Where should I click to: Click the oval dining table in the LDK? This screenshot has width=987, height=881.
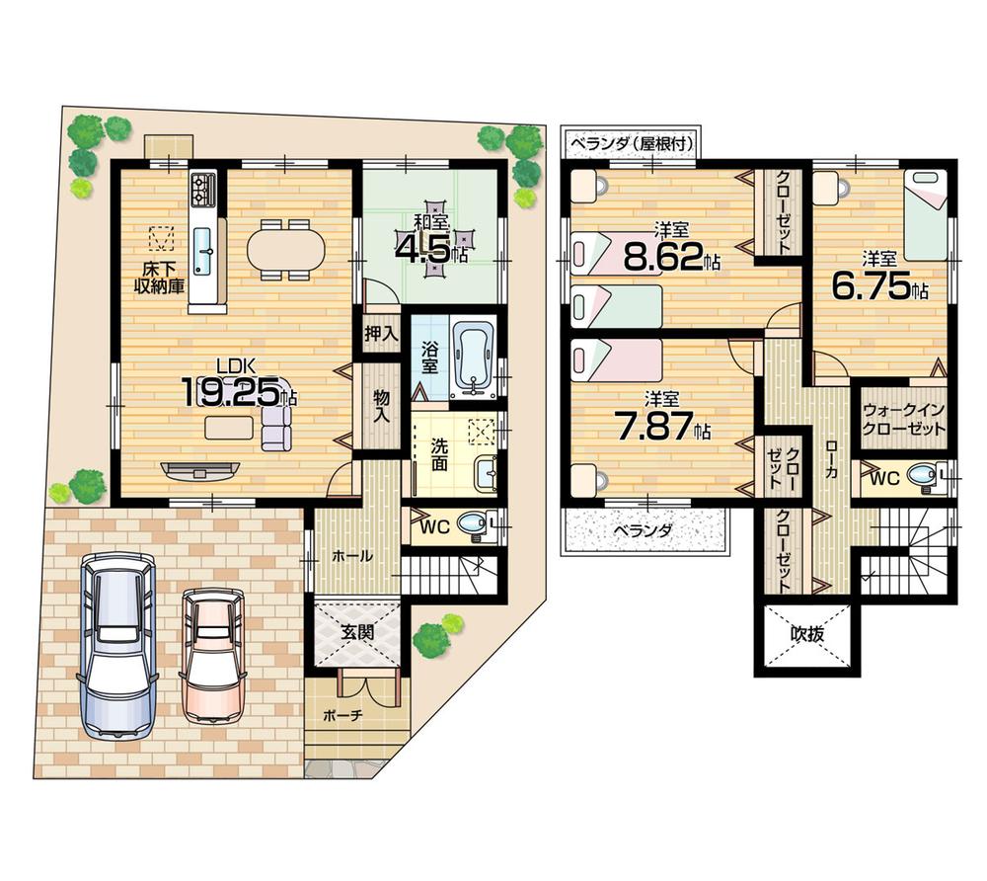point(285,249)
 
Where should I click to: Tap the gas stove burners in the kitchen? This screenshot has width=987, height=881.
point(203,189)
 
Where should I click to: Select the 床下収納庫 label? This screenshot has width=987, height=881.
point(160,278)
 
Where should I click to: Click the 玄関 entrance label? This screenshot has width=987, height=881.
point(357,632)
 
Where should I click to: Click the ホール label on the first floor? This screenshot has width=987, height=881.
point(352,556)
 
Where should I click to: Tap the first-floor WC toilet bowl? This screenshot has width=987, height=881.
point(477,523)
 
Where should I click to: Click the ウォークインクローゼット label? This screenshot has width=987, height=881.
point(903,419)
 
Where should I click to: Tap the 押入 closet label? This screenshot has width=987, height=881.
point(381,334)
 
